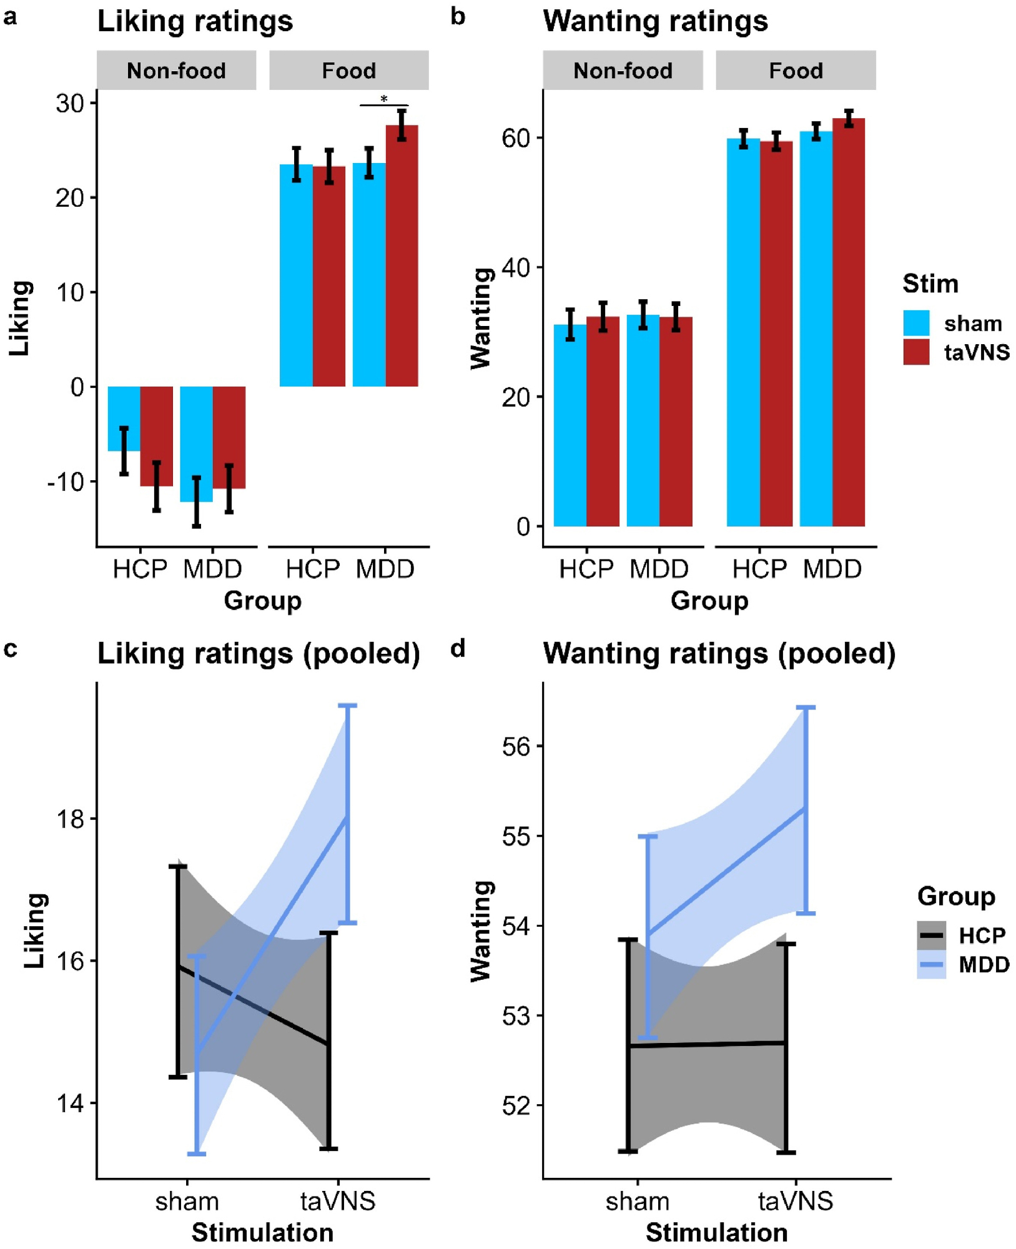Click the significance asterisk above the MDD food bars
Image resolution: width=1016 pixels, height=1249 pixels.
384,99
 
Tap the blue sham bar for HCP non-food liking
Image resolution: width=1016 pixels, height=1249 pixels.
124,418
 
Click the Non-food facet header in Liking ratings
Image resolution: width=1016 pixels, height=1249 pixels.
176,71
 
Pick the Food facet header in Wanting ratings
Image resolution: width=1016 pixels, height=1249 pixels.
795,71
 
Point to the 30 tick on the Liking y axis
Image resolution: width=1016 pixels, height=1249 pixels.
69,103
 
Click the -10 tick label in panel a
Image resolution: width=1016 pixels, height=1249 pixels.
66,481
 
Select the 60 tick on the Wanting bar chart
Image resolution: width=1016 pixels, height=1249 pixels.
515,138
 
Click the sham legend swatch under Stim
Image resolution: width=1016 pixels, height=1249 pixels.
916,323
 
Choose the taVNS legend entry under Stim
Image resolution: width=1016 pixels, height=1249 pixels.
976,352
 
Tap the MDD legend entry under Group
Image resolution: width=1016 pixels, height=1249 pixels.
984,965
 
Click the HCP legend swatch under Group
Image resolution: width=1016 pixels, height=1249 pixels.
931,936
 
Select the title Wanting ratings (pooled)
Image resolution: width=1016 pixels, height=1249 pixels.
719,654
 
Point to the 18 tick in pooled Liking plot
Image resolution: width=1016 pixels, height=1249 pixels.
69,819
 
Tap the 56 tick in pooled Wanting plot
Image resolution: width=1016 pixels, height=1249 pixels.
515,746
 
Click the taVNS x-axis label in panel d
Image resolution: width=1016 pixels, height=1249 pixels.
795,1201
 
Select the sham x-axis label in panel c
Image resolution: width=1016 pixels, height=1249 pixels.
187,1201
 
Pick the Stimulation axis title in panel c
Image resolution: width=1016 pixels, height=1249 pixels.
262,1233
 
